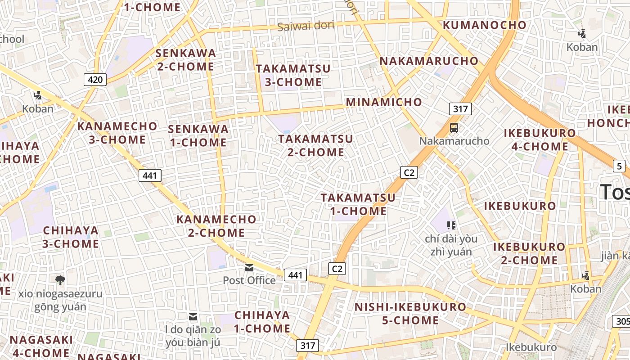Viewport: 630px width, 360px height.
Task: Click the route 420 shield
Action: [95, 80]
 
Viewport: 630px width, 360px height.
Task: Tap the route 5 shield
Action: [619, 166]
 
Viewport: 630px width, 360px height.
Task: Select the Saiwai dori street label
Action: [306, 26]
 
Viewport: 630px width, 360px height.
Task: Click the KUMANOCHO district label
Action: [485, 25]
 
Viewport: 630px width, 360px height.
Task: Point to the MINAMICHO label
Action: [384, 102]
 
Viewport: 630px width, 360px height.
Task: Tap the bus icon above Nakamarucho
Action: [454, 128]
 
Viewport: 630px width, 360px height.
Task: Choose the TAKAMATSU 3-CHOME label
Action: [293, 76]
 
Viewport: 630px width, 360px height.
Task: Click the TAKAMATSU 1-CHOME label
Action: [358, 204]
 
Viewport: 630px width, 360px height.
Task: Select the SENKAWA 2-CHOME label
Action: [185, 60]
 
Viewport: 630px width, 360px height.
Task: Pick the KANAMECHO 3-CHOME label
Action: [117, 133]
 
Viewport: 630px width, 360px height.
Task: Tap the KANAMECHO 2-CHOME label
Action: [216, 226]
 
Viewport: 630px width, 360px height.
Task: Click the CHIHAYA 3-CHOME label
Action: [71, 237]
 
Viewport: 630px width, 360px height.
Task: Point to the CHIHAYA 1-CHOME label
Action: [262, 322]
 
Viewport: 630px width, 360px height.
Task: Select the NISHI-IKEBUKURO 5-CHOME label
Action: [410, 314]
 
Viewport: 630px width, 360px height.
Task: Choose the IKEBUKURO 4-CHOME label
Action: [540, 140]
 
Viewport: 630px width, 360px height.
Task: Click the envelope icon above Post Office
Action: [249, 268]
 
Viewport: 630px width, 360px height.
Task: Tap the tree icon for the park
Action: [60, 280]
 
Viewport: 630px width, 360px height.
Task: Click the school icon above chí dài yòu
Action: [451, 225]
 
